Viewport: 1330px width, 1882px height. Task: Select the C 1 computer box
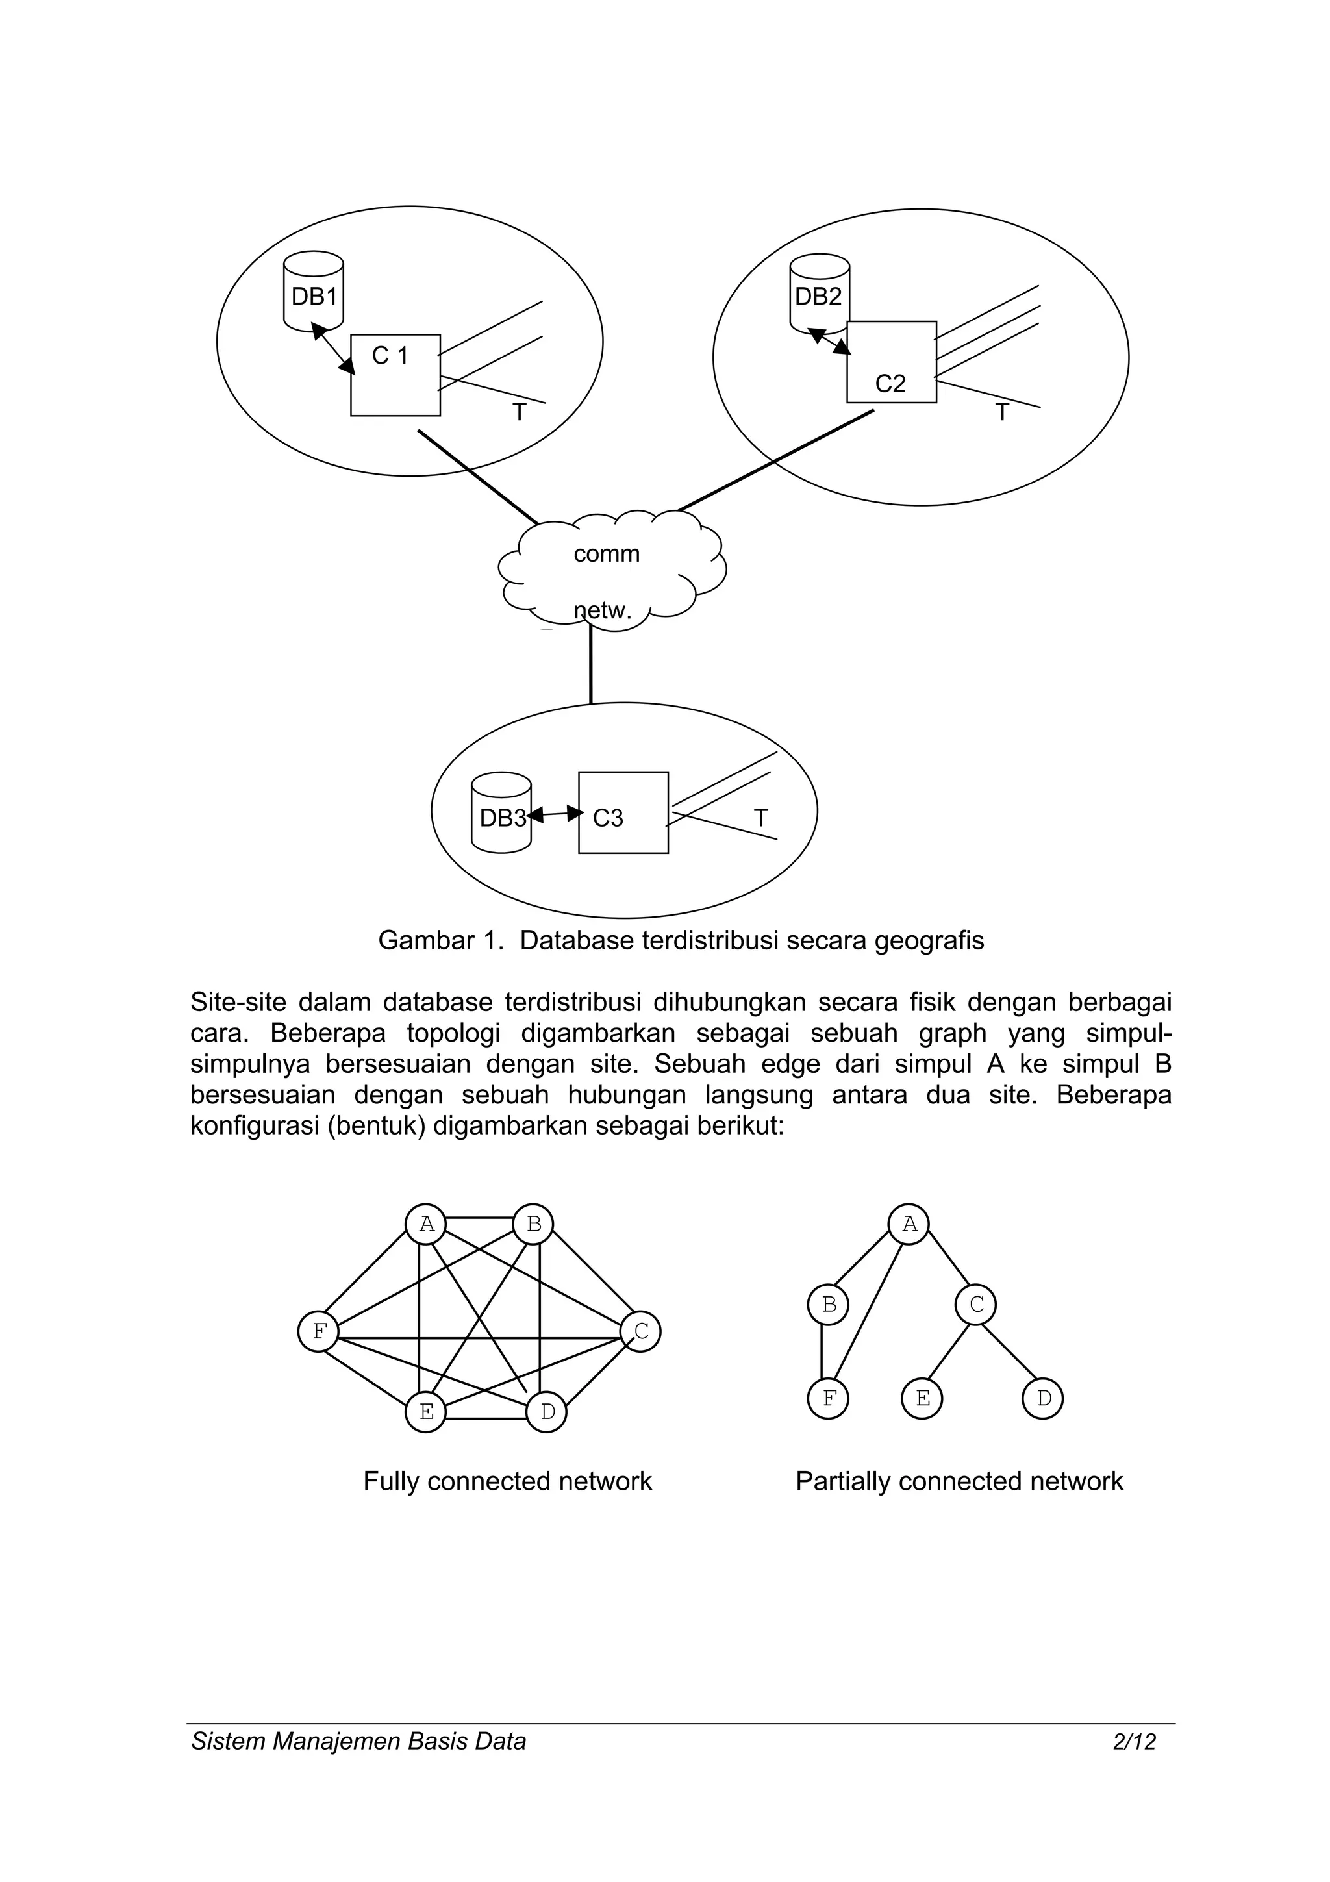coord(395,375)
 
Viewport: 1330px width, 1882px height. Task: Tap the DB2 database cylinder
coord(819,294)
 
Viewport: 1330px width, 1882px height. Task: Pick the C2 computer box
coord(891,362)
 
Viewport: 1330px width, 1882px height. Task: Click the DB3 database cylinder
coord(501,813)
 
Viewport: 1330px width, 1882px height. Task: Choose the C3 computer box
coord(623,813)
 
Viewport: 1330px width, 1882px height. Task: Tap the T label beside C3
coord(760,818)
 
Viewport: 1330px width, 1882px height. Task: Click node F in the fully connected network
coord(319,1331)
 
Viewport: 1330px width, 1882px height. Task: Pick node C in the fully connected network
coord(641,1331)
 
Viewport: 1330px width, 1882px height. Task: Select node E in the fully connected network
coord(426,1412)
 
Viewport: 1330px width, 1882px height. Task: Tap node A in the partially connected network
coord(909,1225)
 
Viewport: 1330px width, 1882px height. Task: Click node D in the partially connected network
coord(1042,1398)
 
